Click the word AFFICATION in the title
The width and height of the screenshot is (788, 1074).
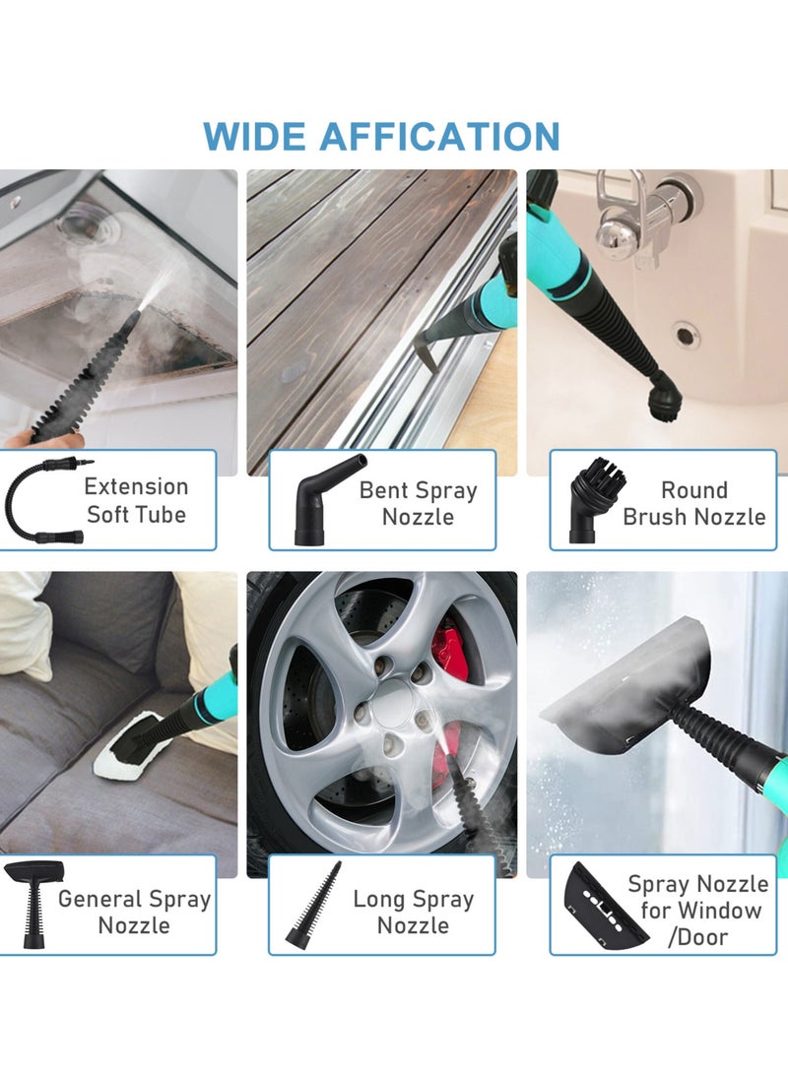[x=439, y=136]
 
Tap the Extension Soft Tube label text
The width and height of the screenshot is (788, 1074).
[x=136, y=500]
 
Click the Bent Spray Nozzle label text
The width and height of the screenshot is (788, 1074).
[x=418, y=503]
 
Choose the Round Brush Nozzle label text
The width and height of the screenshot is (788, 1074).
[x=693, y=503]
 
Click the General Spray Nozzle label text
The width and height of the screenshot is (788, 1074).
[x=134, y=912]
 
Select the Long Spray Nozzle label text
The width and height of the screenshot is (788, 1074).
[x=413, y=912]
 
